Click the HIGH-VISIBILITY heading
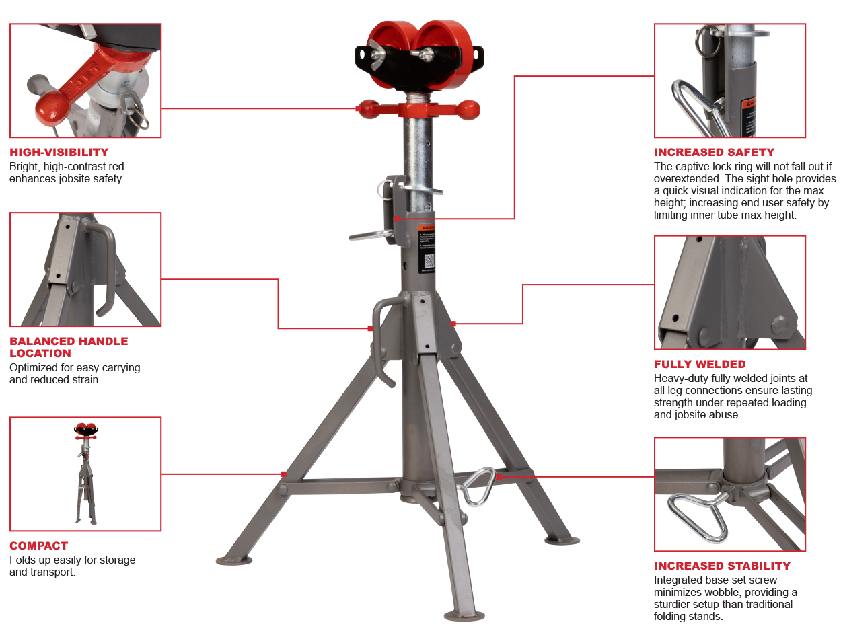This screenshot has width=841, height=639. [59, 153]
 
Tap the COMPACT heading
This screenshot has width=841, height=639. [39, 546]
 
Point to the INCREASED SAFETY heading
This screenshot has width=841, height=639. [714, 153]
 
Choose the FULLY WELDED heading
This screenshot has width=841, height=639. [700, 365]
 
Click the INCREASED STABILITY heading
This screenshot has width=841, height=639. [722, 566]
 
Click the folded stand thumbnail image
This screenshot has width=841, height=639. [85, 474]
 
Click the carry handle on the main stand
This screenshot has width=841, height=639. [382, 336]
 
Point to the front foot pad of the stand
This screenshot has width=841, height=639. [464, 615]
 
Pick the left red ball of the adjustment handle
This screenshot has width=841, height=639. [369, 108]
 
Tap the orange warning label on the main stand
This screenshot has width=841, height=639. [427, 229]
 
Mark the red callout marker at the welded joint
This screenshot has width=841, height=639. [453, 324]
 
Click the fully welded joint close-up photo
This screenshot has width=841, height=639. [729, 292]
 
